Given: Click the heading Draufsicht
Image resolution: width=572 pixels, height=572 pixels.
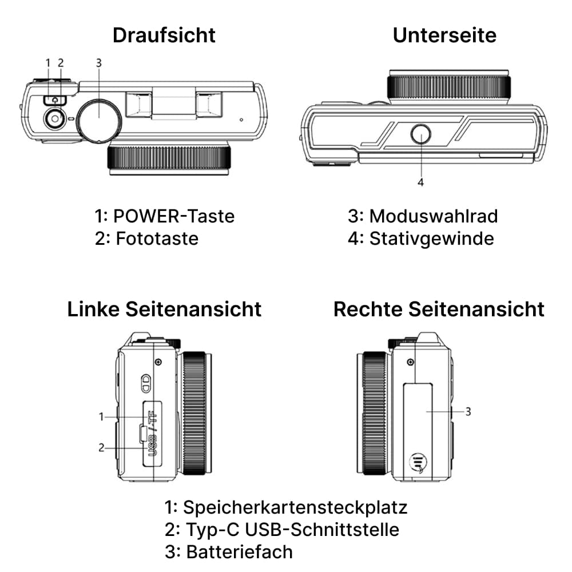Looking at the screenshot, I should tap(164, 35).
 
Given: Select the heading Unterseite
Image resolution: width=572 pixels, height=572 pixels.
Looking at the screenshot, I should tap(444, 35).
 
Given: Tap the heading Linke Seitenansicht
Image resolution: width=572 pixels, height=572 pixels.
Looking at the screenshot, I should tap(164, 309).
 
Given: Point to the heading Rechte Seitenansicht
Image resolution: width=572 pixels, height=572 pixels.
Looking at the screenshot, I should tap(439, 309).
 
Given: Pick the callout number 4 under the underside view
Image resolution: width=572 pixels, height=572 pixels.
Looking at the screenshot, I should tap(421, 182).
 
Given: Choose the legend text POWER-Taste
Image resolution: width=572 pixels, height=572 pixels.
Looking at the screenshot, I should tap(174, 216).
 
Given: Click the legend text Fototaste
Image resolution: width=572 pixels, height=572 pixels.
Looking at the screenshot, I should tap(157, 238).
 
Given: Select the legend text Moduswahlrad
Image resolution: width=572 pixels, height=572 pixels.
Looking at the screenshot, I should tap(433, 216).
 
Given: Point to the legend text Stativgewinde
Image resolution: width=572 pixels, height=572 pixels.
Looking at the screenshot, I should tap(431, 238).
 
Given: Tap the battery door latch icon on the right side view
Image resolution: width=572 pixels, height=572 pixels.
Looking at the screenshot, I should tap(419, 463).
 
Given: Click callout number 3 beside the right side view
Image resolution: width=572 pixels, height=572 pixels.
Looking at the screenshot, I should tap(468, 411).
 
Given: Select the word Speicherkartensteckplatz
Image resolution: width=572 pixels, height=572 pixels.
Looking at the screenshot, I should tap(295, 507).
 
